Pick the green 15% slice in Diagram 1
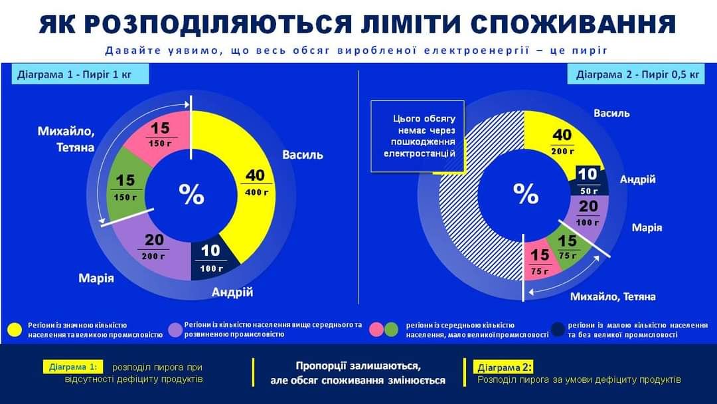(125, 187)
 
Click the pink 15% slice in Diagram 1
(159, 135)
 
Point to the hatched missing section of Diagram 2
(465, 219)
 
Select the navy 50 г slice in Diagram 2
(588, 181)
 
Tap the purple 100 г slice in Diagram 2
(587, 213)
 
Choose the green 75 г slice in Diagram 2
(566, 247)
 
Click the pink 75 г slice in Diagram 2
(539, 260)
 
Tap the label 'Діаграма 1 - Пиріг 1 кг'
(80, 74)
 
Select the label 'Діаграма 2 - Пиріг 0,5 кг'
(637, 74)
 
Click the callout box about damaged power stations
(418, 136)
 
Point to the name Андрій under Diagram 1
(232, 292)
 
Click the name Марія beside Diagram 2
(647, 228)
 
